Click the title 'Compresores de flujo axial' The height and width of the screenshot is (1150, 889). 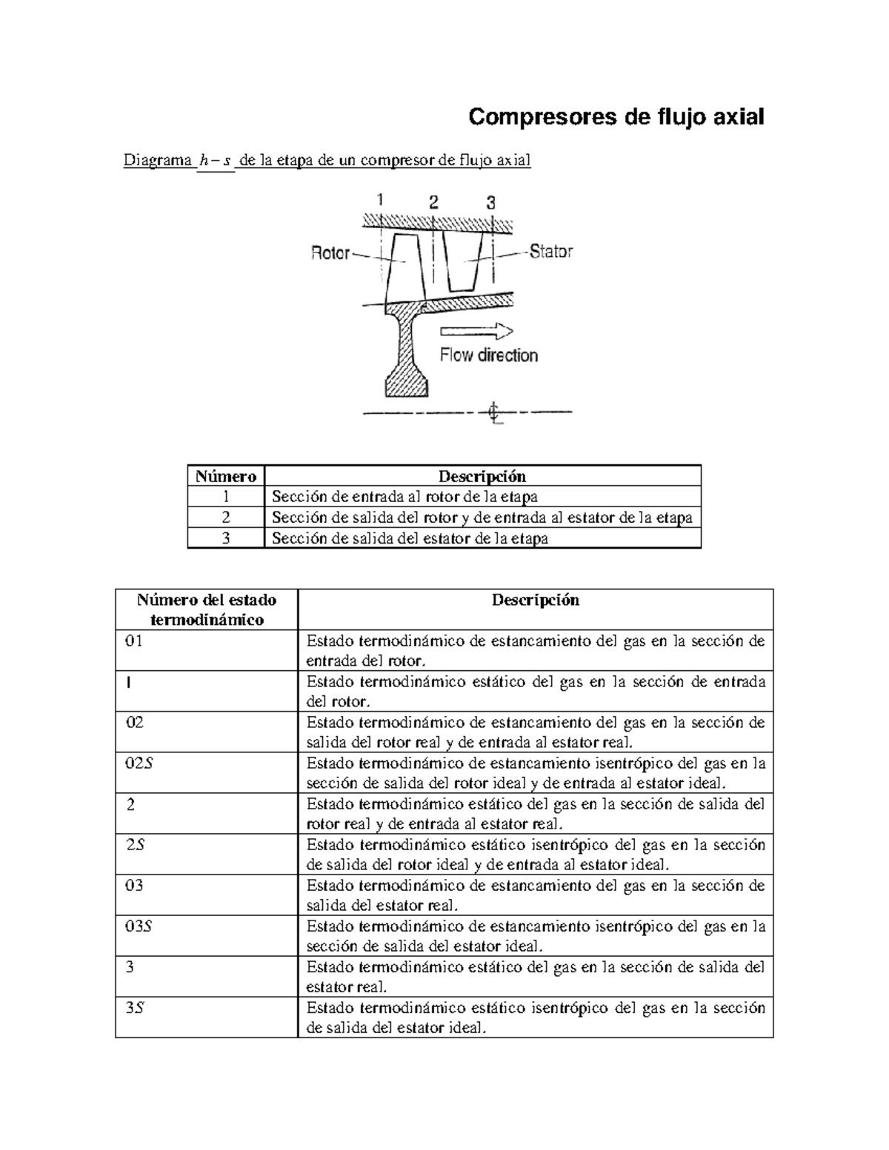(x=616, y=117)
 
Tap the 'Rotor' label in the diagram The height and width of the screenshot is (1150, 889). (x=330, y=253)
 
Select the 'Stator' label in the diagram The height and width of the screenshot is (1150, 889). (x=550, y=252)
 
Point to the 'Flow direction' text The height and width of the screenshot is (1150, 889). (x=488, y=355)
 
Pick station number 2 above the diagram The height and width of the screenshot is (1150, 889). (x=433, y=201)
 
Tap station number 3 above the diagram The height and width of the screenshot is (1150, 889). (x=490, y=202)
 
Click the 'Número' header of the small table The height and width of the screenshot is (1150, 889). (x=226, y=476)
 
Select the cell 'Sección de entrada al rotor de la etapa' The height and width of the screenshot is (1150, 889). (x=404, y=497)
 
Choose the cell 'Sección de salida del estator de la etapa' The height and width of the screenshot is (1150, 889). (x=410, y=538)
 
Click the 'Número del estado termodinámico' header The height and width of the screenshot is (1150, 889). (x=207, y=609)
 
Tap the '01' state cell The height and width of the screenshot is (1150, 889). (x=134, y=641)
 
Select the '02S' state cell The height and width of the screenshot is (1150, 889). (x=139, y=763)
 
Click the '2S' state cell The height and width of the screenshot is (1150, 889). (x=135, y=845)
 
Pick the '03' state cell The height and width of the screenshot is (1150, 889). (x=134, y=886)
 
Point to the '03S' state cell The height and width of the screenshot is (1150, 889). (x=139, y=926)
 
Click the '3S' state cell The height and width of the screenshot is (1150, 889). (x=135, y=1008)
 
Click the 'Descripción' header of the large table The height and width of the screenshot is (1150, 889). (x=535, y=600)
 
